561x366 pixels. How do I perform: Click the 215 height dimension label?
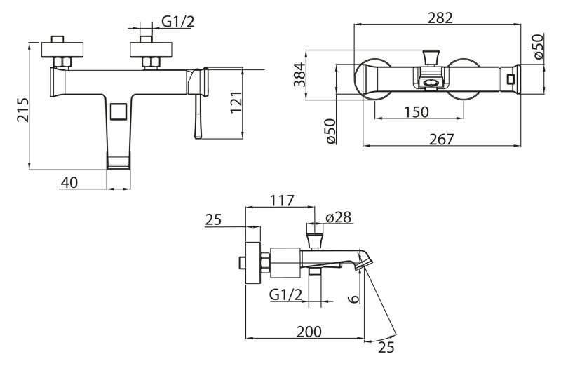(x=22, y=110)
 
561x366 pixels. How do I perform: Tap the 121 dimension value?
(x=236, y=102)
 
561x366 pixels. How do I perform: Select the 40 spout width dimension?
(x=69, y=182)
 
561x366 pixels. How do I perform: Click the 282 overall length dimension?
(x=440, y=18)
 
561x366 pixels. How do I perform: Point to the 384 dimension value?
(x=299, y=75)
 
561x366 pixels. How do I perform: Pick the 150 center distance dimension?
(x=417, y=112)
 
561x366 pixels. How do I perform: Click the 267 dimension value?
(x=441, y=139)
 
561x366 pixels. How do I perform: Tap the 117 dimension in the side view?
(x=282, y=201)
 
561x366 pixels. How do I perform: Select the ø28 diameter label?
(x=339, y=217)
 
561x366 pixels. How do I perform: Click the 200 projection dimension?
(x=309, y=332)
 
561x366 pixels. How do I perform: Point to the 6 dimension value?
(x=353, y=299)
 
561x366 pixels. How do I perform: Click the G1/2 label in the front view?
(x=178, y=22)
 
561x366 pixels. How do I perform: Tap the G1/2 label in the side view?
(x=286, y=294)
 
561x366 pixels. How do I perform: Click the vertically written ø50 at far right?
(x=538, y=46)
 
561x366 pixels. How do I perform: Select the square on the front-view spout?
(x=119, y=111)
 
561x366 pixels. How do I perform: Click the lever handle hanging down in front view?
(x=198, y=116)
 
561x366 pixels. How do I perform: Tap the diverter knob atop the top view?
(x=430, y=58)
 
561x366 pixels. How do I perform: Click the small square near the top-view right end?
(x=511, y=79)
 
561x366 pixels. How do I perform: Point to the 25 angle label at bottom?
(x=386, y=347)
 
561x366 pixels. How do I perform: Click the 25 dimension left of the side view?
(x=214, y=219)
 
